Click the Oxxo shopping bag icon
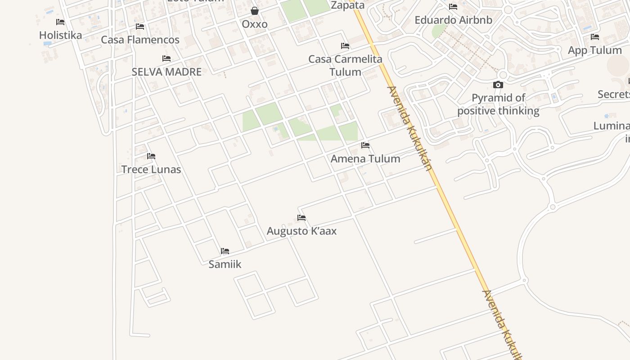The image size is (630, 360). (255, 11)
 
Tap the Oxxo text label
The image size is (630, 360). (255, 24)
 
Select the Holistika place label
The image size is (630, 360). (61, 35)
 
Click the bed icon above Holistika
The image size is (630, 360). (60, 22)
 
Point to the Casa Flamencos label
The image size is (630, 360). (140, 40)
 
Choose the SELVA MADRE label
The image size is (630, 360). (166, 72)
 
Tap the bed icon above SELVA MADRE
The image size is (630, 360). (166, 58)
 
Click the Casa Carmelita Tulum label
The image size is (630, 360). (345, 65)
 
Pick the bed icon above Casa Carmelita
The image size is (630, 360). (345, 46)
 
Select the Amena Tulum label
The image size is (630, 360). (365, 158)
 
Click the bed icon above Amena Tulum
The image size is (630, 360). (365, 145)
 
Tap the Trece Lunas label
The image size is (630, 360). (151, 170)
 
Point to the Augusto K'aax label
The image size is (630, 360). (301, 231)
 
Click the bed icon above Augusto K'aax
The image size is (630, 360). (301, 218)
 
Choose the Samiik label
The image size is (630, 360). (225, 264)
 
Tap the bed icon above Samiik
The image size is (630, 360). (225, 251)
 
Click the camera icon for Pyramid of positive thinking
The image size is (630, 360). (498, 85)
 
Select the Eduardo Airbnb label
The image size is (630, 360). (453, 20)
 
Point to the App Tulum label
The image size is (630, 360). (595, 50)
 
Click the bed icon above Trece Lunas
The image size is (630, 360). (151, 156)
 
